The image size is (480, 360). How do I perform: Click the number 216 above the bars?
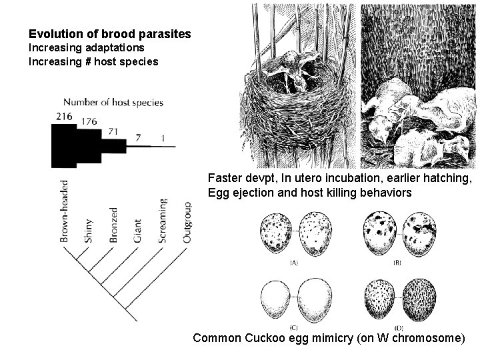point(64,116)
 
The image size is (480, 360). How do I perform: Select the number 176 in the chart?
point(89,121)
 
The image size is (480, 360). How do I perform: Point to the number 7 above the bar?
point(139,138)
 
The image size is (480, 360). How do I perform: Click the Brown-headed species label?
point(65,211)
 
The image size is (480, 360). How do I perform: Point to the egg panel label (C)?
point(293,327)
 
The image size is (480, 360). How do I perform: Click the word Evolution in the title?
point(53,33)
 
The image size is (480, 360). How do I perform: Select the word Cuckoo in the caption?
point(279,338)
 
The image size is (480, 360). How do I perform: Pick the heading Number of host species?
point(113,102)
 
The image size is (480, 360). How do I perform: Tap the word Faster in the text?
point(225,179)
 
